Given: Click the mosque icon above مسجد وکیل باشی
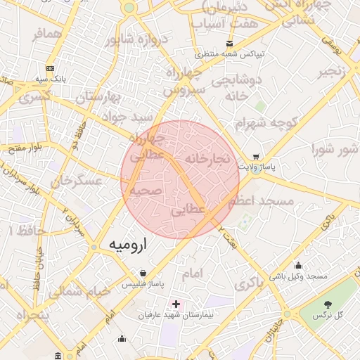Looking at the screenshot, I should (298, 266).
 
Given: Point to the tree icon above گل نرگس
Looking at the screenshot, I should (328, 304).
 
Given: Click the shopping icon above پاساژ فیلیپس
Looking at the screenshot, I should (143, 273).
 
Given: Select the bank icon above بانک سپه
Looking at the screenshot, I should (50, 68).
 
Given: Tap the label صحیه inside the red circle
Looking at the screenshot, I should (146, 190).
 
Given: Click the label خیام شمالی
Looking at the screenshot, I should (84, 290).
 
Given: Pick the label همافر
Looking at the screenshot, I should (47, 34).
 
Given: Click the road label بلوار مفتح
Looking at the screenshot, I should (25, 147).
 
